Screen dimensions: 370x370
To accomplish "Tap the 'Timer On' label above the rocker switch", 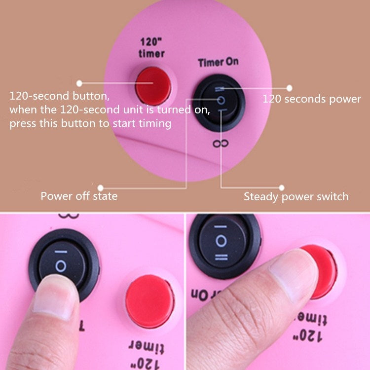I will pyautogui.click(x=218, y=63).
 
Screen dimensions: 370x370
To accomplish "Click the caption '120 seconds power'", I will pyautogui.click(x=312, y=99).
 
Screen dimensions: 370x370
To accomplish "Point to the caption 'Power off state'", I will pyautogui.click(x=79, y=196).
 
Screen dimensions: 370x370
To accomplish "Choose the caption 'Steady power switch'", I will pyautogui.click(x=296, y=197).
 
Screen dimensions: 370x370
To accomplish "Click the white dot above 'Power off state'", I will pyautogui.click(x=101, y=187).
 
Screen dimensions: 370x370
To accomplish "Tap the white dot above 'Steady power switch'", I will pyautogui.click(x=282, y=187).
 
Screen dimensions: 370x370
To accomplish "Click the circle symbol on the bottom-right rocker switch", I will pyautogui.click(x=221, y=241).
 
